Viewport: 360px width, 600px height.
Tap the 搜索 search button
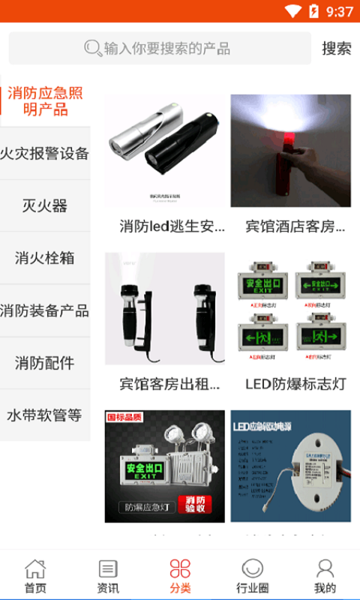(336, 48)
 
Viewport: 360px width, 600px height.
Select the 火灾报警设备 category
(45, 154)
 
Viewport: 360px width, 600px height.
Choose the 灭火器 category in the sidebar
(45, 205)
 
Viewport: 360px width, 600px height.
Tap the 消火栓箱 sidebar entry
(45, 258)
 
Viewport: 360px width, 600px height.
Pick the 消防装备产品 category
(45, 310)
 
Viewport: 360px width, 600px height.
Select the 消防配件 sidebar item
(45, 363)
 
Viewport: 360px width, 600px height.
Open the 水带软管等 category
(45, 415)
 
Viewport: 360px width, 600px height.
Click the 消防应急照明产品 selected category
(45, 101)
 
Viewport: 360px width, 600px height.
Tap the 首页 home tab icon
(35, 568)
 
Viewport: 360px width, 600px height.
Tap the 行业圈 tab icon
(252, 568)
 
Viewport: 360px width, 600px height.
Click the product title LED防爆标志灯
(295, 384)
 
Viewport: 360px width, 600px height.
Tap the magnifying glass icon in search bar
(93, 49)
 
